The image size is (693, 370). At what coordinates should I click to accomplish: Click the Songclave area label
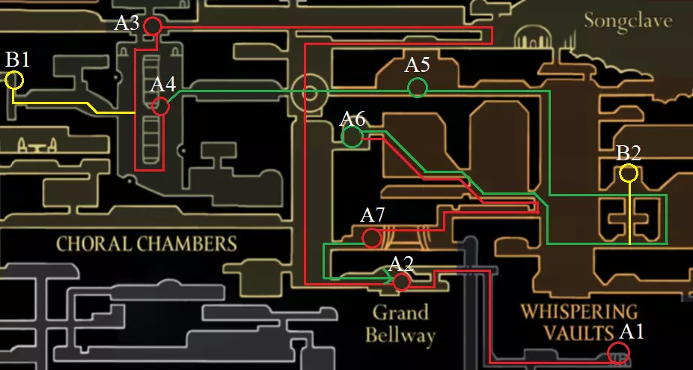pyautogui.click(x=629, y=21)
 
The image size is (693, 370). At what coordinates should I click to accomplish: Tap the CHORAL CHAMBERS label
pyautogui.click(x=147, y=243)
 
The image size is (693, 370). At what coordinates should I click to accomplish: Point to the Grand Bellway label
pyautogui.click(x=401, y=324)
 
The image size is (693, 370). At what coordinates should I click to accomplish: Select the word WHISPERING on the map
pyautogui.click(x=579, y=312)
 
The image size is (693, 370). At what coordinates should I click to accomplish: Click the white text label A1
pyautogui.click(x=632, y=332)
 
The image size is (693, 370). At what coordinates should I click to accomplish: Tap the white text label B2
pyautogui.click(x=629, y=154)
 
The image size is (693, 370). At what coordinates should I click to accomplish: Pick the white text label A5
pyautogui.click(x=418, y=65)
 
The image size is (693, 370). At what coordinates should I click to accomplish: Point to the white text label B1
pyautogui.click(x=18, y=60)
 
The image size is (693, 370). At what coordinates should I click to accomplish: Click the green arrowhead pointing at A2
pyautogui.click(x=389, y=279)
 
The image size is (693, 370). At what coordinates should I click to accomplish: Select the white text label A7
pyautogui.click(x=373, y=216)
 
